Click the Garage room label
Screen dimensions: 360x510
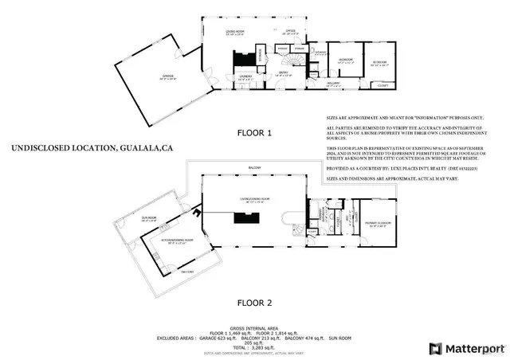[x=167, y=78]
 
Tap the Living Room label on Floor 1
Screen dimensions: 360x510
[x=233, y=33]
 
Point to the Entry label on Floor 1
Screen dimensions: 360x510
[x=282, y=74]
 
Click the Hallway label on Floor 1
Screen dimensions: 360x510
[x=335, y=82]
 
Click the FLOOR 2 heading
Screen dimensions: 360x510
[x=254, y=303]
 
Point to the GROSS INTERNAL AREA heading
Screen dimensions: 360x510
[x=254, y=327]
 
